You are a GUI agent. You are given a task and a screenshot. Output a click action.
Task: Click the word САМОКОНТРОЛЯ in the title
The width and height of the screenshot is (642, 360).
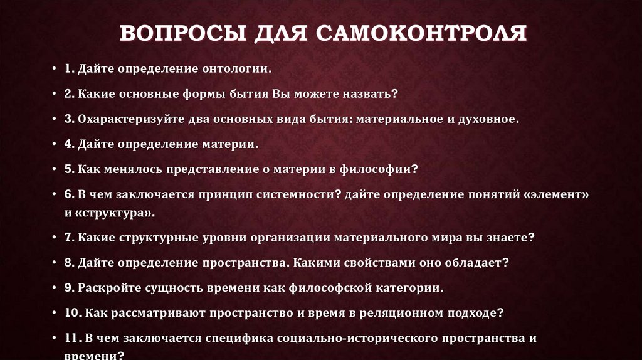pos(421,32)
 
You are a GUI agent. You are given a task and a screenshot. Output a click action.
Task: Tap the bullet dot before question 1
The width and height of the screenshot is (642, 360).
pos(55,68)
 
